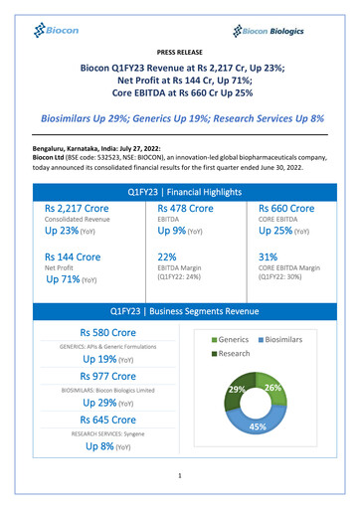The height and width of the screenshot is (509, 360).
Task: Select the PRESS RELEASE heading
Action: click(x=179, y=50)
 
